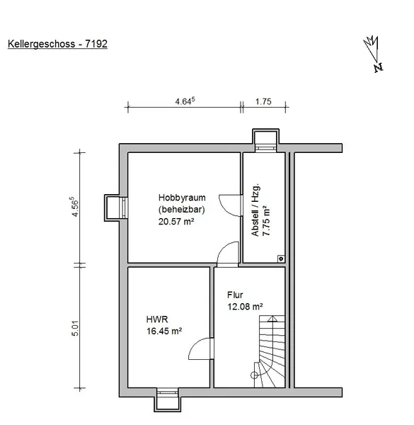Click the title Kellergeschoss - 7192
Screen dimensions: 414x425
click(x=57, y=44)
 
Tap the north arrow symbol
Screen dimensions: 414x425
click(x=373, y=54)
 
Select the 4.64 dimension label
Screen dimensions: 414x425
click(x=185, y=101)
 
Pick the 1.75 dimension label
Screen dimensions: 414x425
click(x=263, y=101)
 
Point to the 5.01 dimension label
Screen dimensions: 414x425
click(x=75, y=328)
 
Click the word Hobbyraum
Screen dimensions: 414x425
click(x=182, y=198)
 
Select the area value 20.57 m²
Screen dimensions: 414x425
click(x=176, y=222)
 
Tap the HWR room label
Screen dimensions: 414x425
click(x=157, y=319)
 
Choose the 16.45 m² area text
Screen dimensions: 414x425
click(x=164, y=331)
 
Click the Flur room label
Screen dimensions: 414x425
click(x=235, y=295)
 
